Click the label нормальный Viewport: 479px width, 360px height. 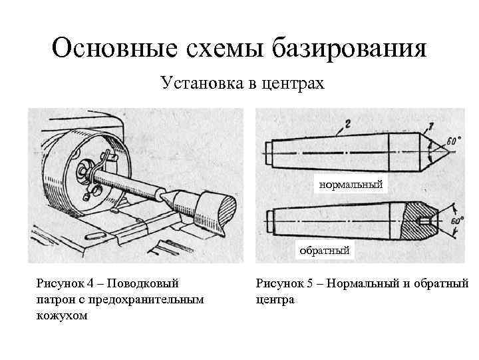(351, 184)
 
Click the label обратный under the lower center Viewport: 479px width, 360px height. (325, 251)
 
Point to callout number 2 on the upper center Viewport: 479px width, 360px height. (347, 124)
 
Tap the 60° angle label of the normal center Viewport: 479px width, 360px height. (452, 142)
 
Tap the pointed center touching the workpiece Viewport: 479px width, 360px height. (168, 196)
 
